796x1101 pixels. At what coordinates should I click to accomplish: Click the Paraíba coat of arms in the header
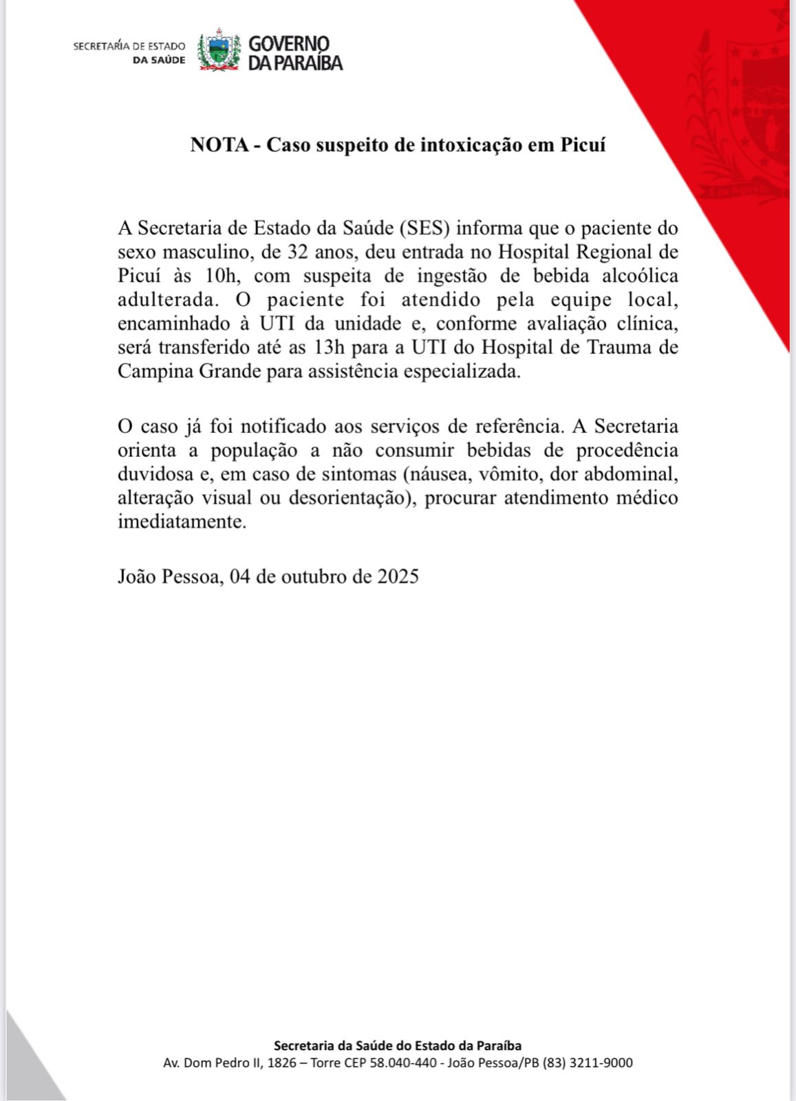[219, 50]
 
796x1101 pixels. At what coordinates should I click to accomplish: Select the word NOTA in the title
[219, 145]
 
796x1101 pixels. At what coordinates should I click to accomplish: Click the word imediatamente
[182, 522]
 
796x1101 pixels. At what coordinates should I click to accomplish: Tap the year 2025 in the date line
[398, 575]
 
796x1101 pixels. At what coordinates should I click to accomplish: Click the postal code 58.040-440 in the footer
[404, 1063]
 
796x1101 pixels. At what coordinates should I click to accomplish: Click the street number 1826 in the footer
[282, 1063]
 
